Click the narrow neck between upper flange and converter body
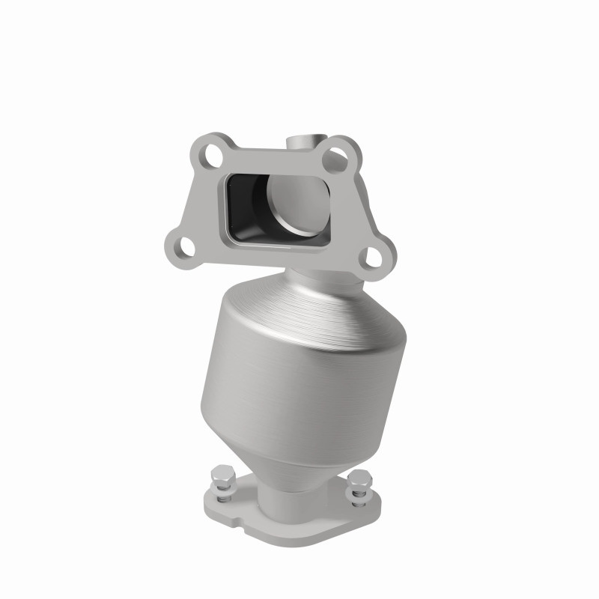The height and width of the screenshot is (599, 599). click(x=318, y=281)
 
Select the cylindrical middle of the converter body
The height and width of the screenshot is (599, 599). click(x=292, y=389)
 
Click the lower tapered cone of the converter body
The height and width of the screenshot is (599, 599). click(x=292, y=464)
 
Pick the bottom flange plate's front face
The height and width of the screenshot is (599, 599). click(x=247, y=520)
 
